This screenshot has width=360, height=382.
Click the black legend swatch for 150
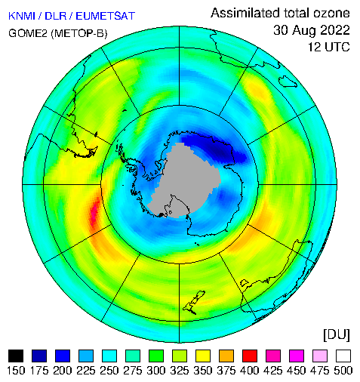tap(16, 356)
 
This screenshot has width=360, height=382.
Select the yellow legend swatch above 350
tap(203, 356)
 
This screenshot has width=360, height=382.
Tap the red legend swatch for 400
tap(250, 356)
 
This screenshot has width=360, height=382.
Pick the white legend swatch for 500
tap(343, 356)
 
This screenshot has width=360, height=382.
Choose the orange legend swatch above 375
tap(226, 356)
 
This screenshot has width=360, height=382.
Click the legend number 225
tap(86, 371)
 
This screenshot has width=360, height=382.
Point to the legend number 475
tap(319, 371)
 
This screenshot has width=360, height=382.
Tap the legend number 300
tap(156, 371)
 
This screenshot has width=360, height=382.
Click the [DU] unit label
tap(337, 335)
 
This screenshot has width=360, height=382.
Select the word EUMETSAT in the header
tap(106, 16)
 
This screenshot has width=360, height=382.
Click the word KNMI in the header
tap(22, 16)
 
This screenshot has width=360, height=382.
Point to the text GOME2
tap(28, 33)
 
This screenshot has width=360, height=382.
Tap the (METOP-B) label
tap(79, 33)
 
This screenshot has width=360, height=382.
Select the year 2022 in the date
tap(333, 30)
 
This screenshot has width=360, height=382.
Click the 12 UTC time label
tap(329, 47)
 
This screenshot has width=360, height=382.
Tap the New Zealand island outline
tap(194, 302)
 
